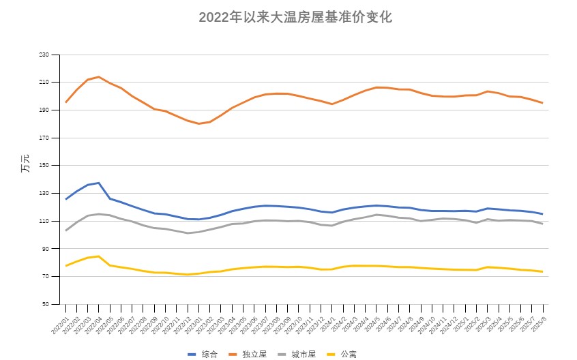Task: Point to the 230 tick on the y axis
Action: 44,55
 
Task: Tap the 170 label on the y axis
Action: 44,138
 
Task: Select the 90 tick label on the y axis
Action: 46,249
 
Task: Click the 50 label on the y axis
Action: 46,304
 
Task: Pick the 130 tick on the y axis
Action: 44,193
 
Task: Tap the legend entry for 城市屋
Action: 298,354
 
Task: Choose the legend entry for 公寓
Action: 342,354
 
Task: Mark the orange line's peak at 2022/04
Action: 99,76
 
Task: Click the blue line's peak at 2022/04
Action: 99,183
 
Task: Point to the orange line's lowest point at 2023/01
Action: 198,123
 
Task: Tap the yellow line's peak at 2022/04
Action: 99,256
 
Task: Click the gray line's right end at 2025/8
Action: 542,224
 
